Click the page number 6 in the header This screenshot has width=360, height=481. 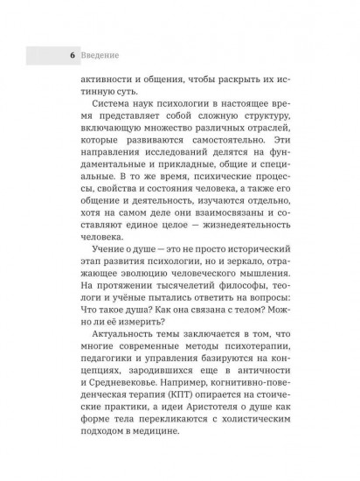(x=62, y=55)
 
